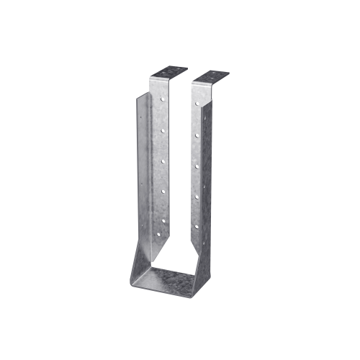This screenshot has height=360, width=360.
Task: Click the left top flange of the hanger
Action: coord(170,73)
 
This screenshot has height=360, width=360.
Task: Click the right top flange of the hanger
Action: coord(210,76)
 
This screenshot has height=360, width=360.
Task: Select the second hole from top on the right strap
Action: coord(197,135)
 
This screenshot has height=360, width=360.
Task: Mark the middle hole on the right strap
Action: coord(197,165)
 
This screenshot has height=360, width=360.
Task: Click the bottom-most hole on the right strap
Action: coord(197,225)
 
